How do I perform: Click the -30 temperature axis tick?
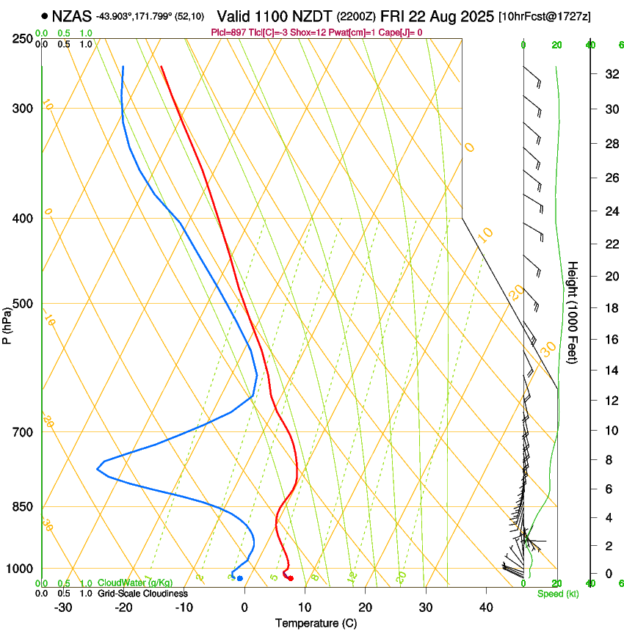(63, 608)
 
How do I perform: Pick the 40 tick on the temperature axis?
(485, 608)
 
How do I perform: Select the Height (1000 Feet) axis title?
(573, 313)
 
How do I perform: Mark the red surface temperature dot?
(291, 579)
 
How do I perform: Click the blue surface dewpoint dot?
(239, 579)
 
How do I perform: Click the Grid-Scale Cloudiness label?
(142, 594)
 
